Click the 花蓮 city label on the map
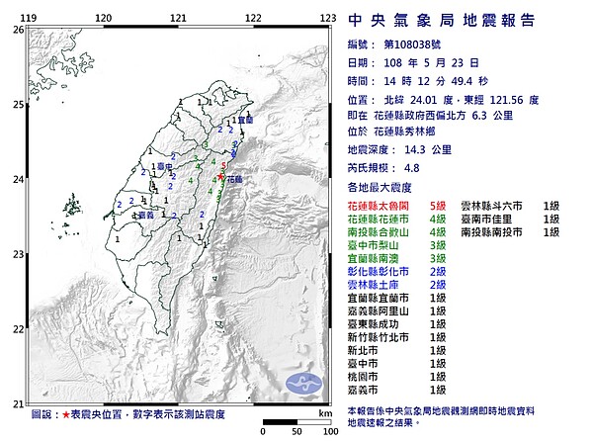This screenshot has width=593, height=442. tap(233, 181)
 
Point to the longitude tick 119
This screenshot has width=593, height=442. tap(31, 18)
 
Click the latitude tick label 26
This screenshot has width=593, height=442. tap(18, 31)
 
